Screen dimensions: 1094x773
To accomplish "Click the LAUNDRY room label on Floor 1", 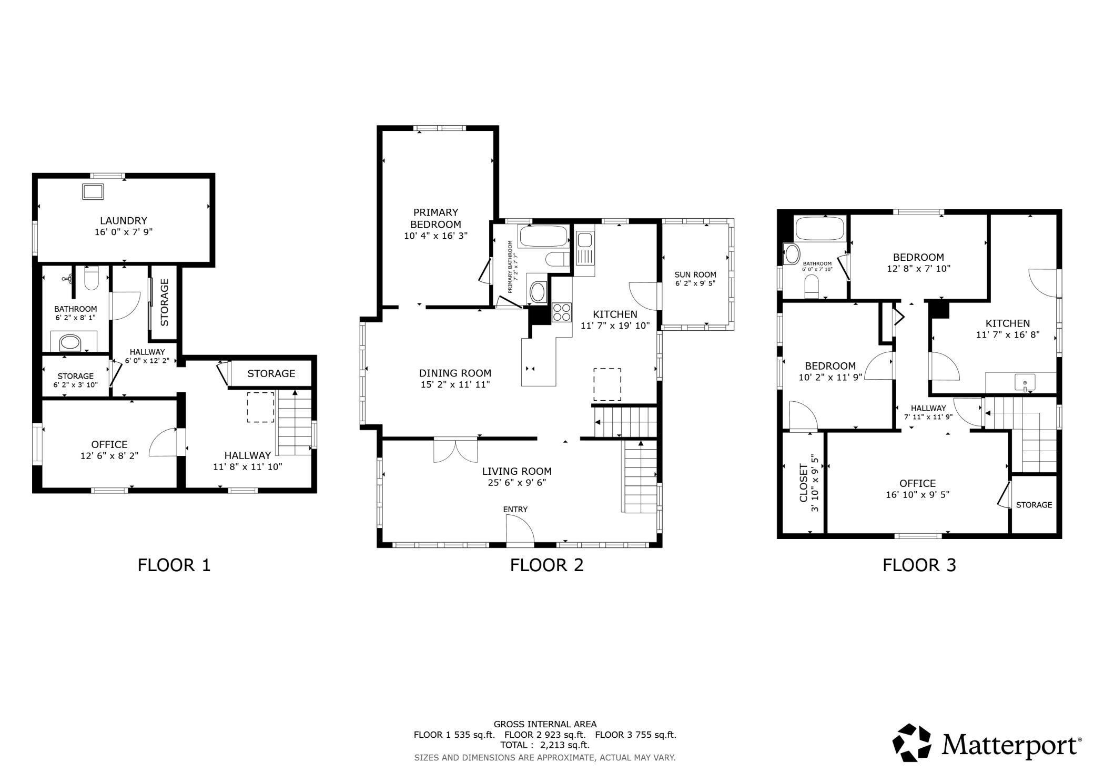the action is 124,221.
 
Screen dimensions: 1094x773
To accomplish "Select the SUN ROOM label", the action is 695,274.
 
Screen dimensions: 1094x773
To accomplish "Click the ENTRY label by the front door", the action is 515,510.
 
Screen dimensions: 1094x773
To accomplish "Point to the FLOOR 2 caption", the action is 546,565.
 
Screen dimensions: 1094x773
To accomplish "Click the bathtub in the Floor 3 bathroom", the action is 819,229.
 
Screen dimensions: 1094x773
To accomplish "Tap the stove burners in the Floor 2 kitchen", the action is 562,312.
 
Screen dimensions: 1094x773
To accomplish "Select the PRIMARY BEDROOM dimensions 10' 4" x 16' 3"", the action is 435,236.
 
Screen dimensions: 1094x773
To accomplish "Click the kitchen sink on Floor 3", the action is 1025,383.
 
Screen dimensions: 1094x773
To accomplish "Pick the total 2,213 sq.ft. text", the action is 545,745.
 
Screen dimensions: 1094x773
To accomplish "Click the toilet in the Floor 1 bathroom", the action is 92,278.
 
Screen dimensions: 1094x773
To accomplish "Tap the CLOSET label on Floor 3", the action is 803,483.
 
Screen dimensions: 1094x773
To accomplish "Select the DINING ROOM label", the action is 455,373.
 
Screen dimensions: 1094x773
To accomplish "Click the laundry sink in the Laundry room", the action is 93,192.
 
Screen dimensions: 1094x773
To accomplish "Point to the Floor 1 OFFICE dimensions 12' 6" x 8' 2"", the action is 109,456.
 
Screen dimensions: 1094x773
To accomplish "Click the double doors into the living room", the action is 456,451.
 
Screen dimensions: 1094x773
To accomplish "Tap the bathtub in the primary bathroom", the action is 544,236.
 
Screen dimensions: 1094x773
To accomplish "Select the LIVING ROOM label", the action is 517,472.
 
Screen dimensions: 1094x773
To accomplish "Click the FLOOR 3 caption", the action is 919,565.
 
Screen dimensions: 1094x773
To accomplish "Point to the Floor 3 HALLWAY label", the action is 928,408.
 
